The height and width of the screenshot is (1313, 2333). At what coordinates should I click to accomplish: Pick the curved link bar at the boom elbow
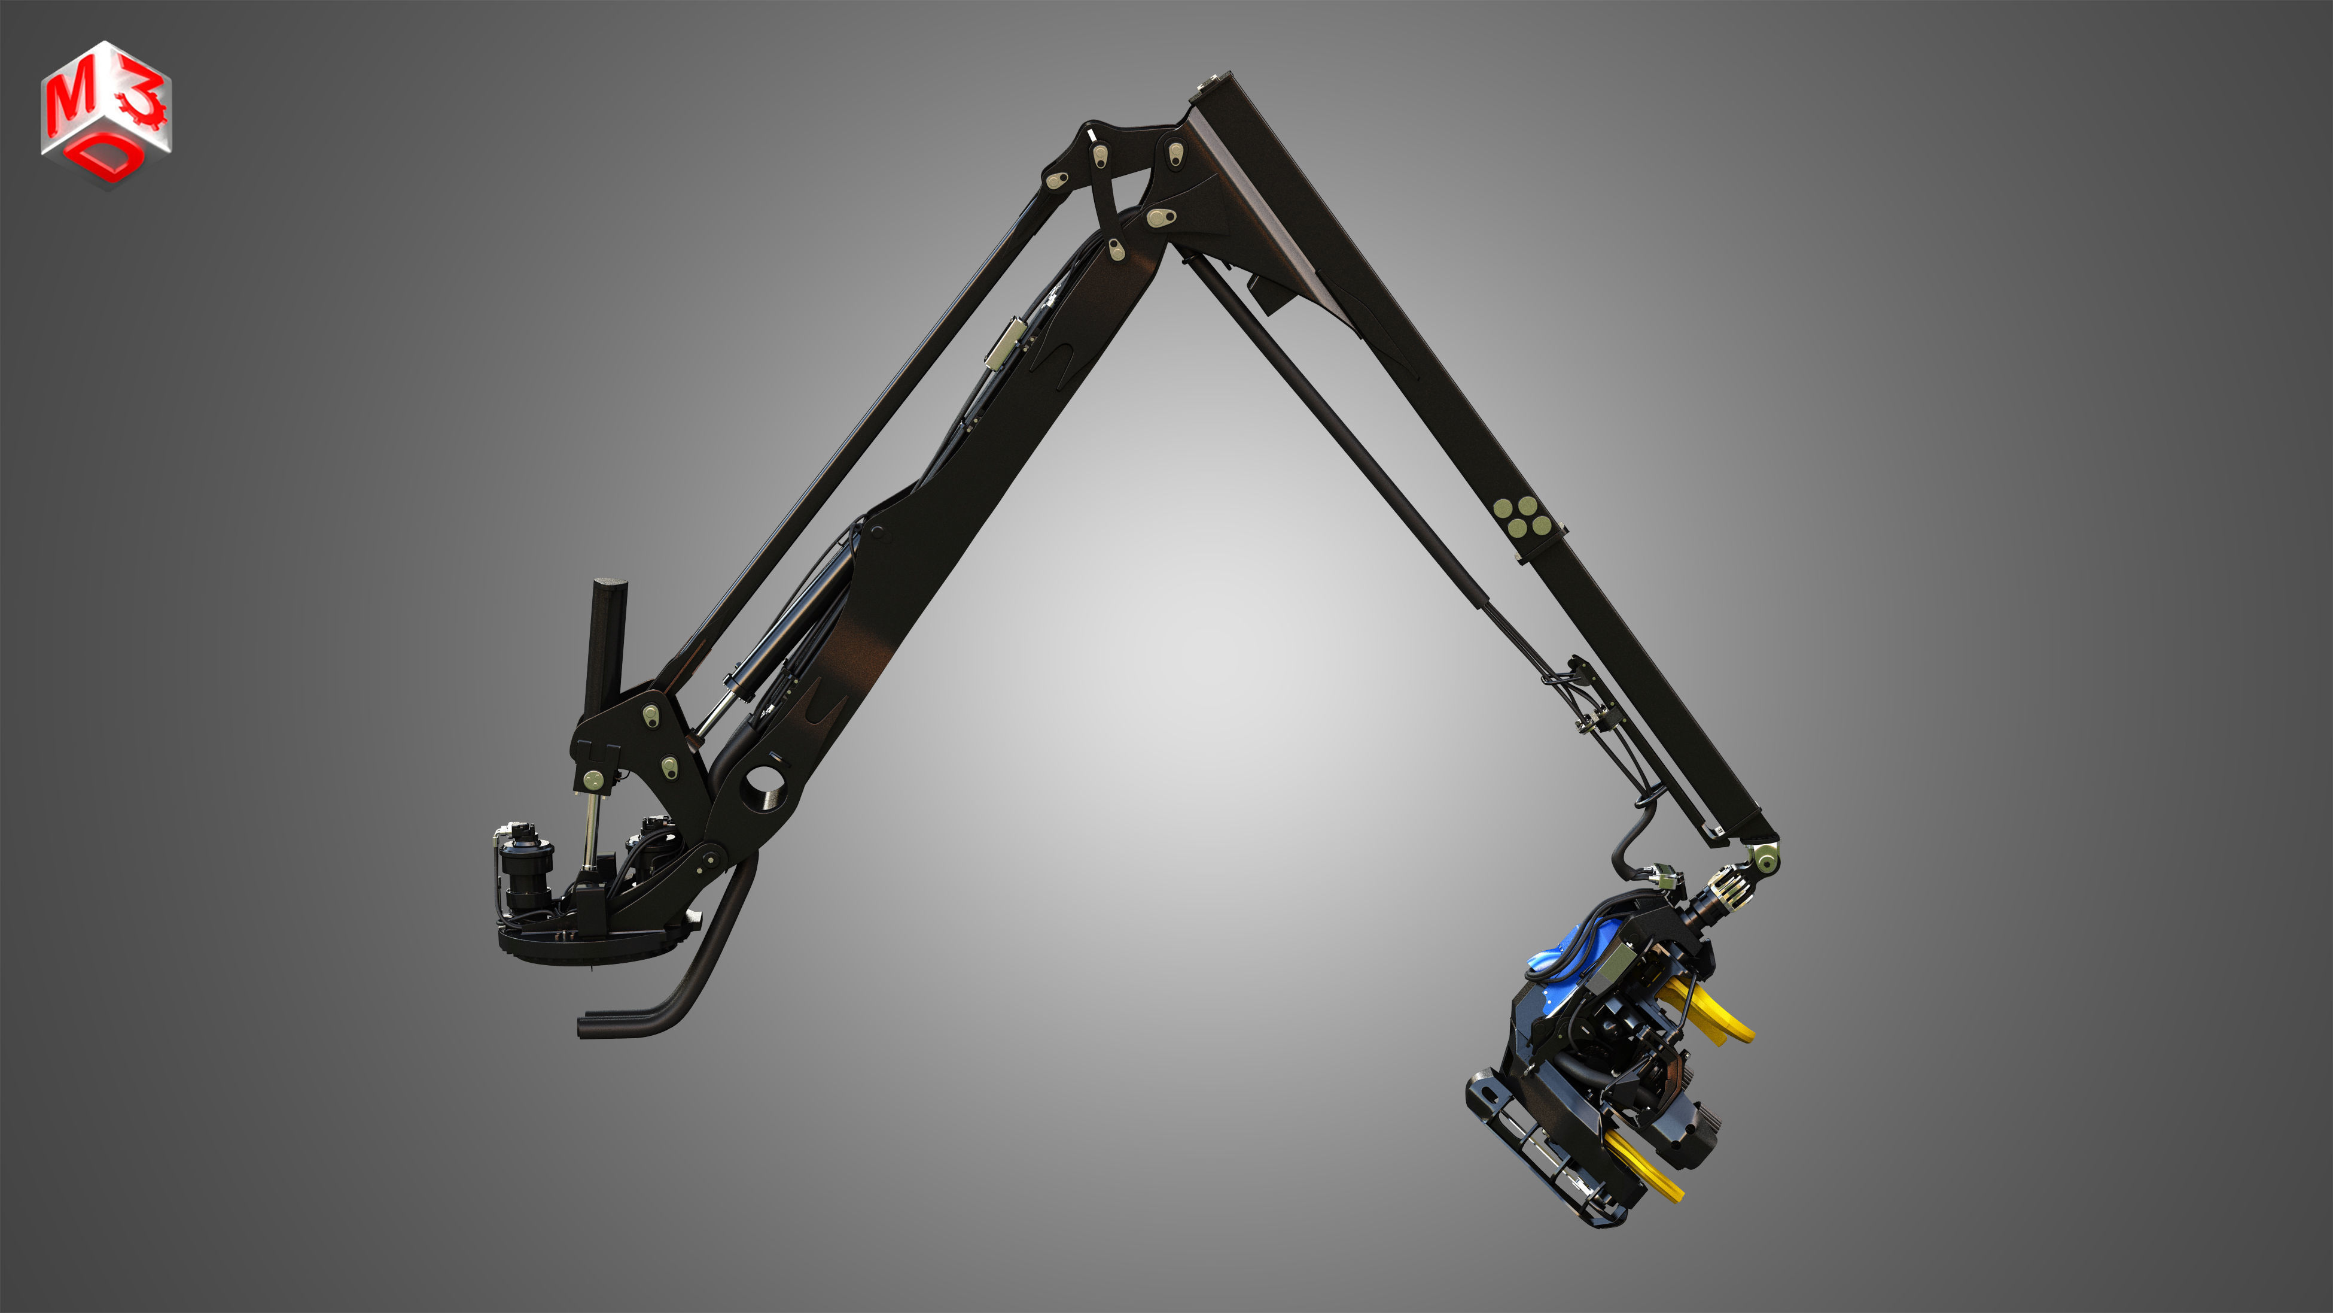pyautogui.click(x=1104, y=195)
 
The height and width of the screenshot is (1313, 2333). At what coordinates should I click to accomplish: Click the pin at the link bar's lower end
pyautogui.click(x=1116, y=247)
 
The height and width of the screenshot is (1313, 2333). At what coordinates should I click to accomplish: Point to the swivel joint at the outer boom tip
pyautogui.click(x=1762, y=856)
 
